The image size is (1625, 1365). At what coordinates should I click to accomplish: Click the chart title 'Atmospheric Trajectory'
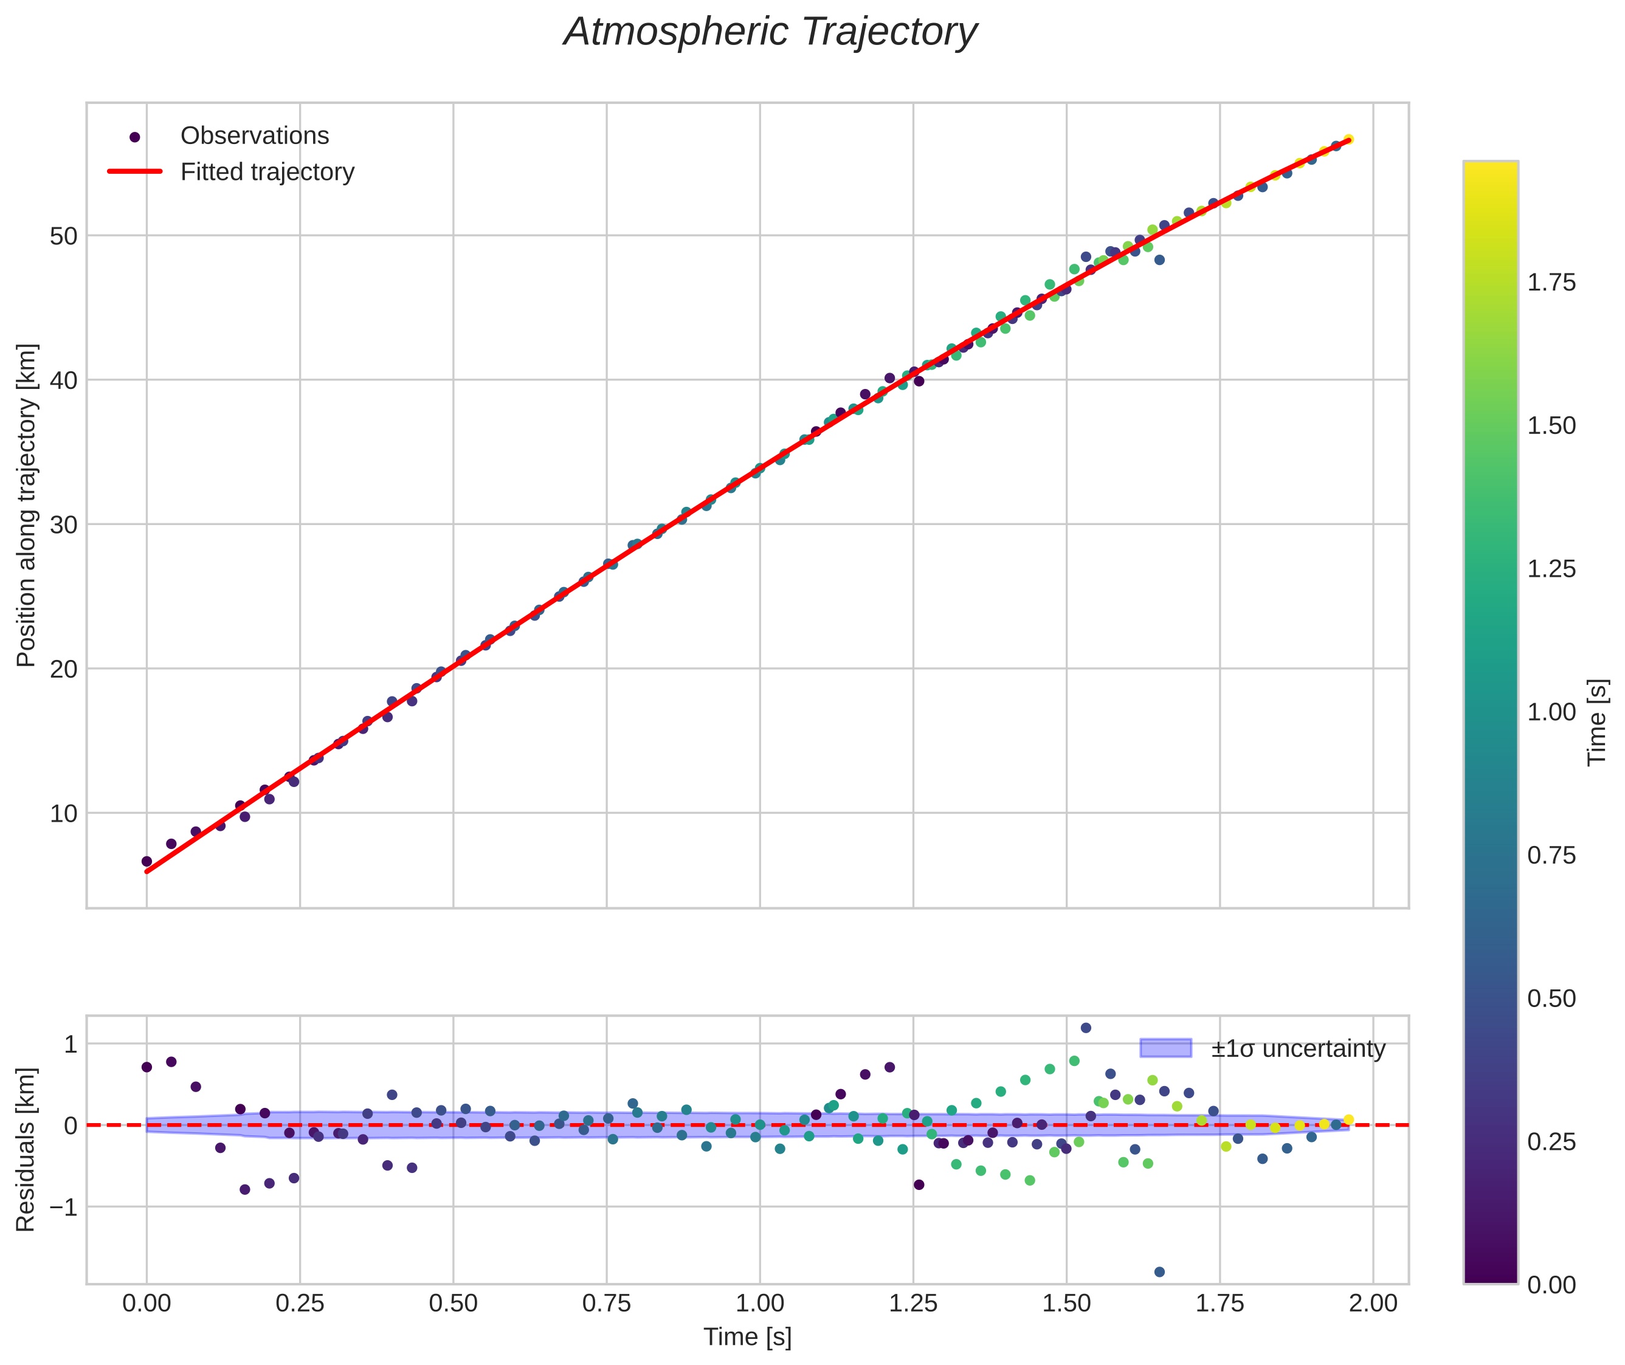770,32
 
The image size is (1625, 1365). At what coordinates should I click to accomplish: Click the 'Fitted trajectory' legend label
267,172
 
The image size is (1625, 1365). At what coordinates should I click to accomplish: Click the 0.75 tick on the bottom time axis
606,1303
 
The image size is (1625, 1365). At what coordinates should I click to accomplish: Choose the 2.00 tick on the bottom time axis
1373,1303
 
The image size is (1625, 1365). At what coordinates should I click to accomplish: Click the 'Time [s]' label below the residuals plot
747,1337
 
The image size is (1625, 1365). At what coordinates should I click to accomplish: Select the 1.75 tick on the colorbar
1551,283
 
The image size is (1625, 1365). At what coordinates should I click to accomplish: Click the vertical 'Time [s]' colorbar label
1597,723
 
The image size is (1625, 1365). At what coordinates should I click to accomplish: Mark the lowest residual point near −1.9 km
1159,1271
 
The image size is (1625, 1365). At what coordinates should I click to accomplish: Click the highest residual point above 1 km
1085,1028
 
